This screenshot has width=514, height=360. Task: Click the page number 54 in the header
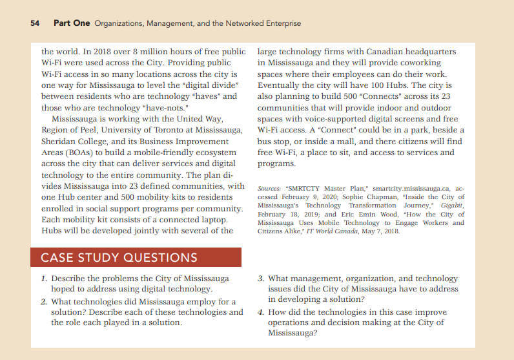tap(35, 23)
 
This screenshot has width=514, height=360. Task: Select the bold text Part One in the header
tap(72, 23)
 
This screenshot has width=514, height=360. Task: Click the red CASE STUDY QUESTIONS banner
tap(136, 257)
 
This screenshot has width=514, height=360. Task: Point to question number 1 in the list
tap(44, 279)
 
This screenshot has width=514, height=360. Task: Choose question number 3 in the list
tap(260, 279)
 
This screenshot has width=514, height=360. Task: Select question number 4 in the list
tap(260, 312)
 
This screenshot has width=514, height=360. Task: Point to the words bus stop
tap(276, 142)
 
